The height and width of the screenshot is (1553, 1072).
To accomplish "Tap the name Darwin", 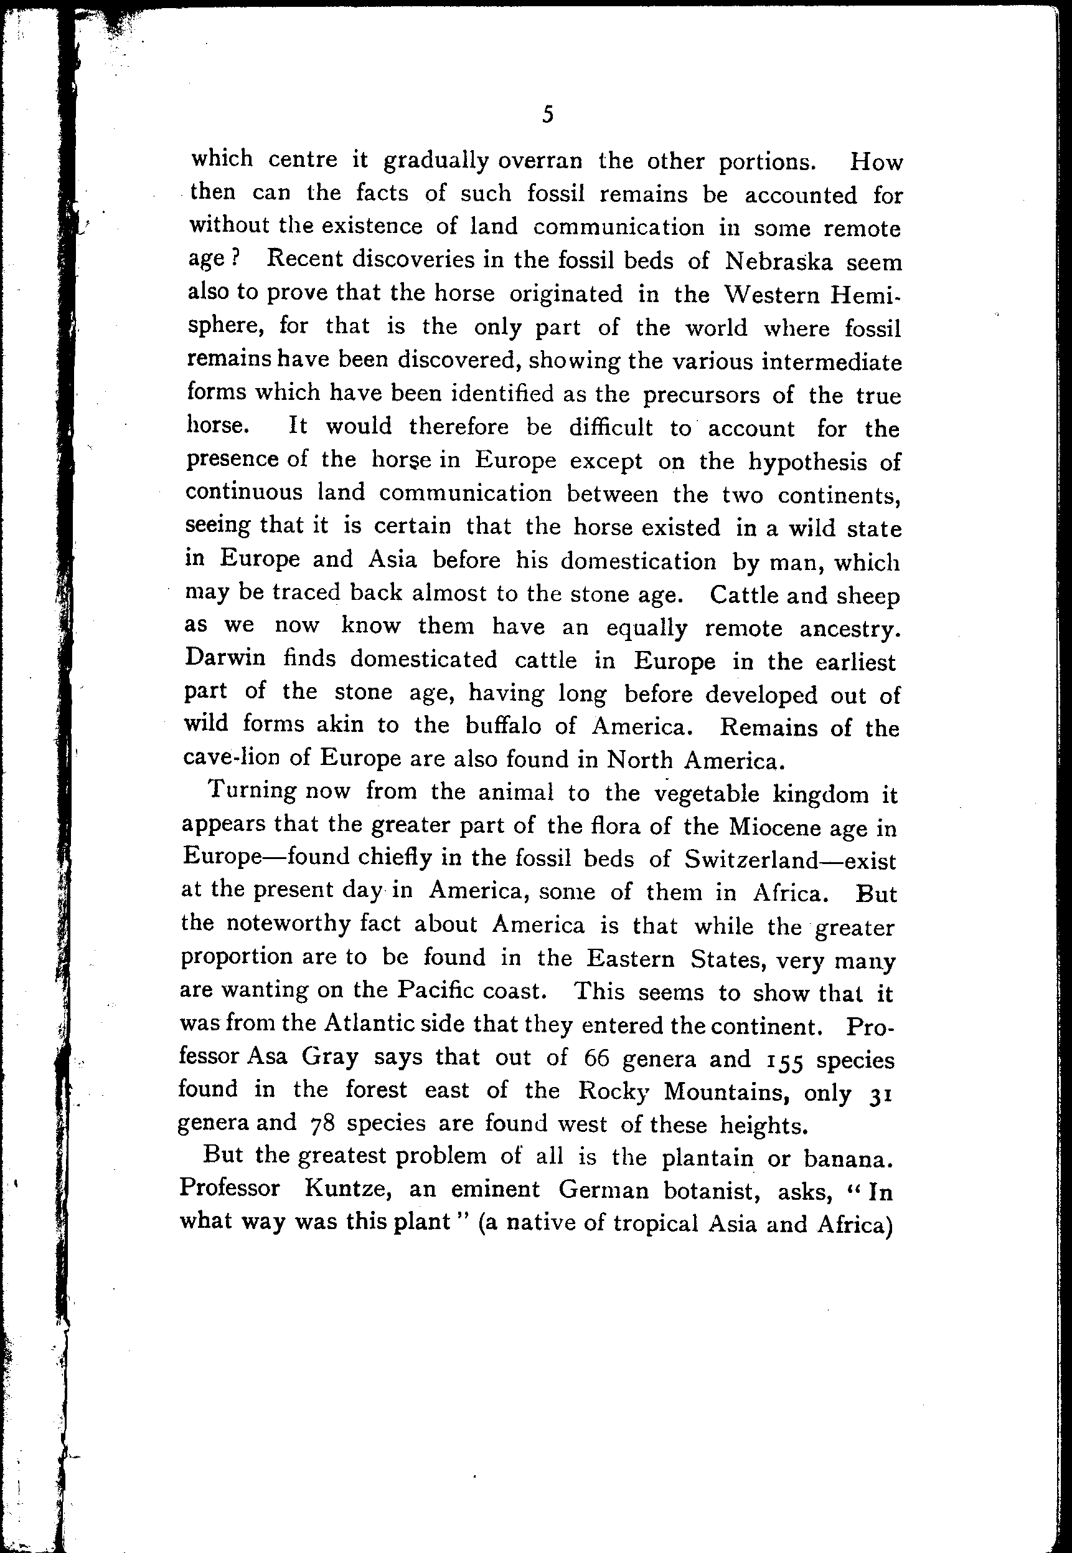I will click(225, 658).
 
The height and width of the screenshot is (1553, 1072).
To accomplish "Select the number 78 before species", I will click(325, 1124).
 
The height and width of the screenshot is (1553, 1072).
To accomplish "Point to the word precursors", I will click(700, 396).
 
